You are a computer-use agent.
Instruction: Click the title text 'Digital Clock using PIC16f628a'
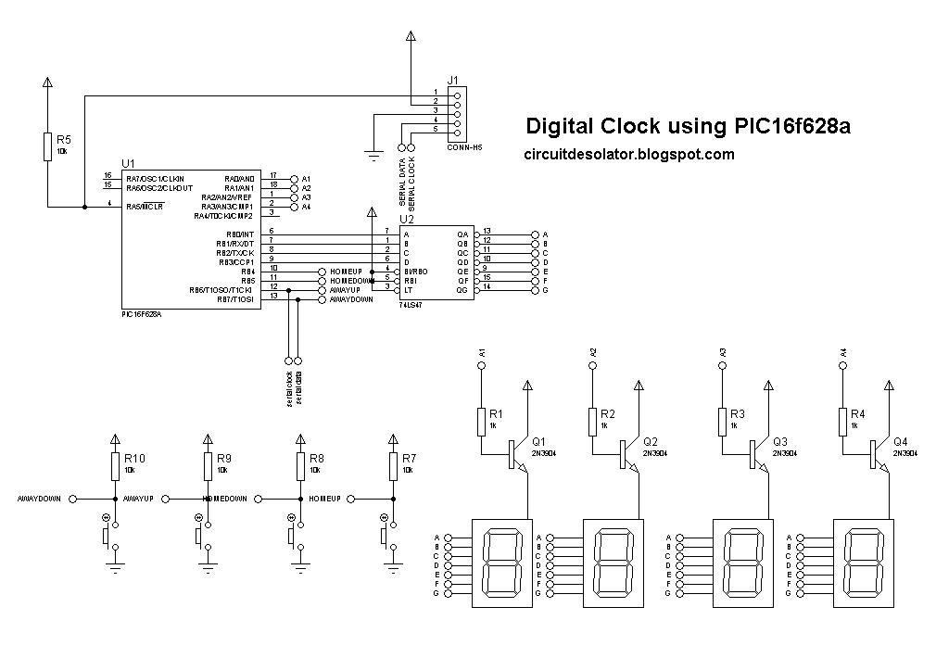pos(687,126)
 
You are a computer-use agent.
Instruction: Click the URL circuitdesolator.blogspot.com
pos(628,155)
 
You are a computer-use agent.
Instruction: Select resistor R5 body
pos(47,146)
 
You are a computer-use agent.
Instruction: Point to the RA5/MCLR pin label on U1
pos(145,207)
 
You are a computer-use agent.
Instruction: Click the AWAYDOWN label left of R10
pos(39,499)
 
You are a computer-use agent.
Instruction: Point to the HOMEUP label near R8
pos(325,499)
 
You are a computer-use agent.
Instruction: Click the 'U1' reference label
pos(128,163)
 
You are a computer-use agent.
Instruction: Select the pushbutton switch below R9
pos(199,535)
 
